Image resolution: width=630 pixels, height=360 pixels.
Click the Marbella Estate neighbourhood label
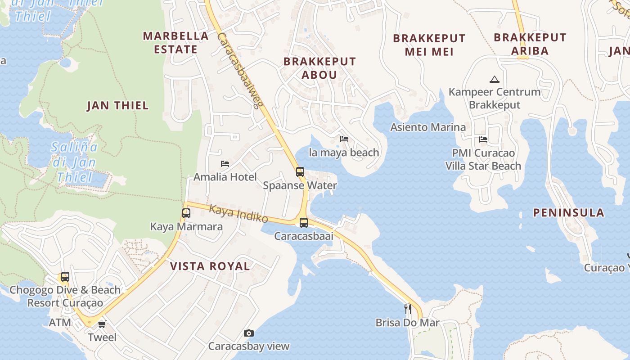[x=175, y=42]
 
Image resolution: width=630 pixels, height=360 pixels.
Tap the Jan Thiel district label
[x=117, y=106]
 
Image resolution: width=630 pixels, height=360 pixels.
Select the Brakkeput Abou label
[x=319, y=68]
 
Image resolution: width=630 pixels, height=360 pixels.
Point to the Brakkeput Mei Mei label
[x=429, y=45]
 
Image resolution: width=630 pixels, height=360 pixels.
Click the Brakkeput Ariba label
[x=530, y=44]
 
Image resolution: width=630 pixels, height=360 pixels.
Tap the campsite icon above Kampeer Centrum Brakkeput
[x=495, y=80]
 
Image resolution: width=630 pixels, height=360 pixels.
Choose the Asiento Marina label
[x=428, y=127]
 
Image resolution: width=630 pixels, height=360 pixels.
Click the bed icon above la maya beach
[x=344, y=139]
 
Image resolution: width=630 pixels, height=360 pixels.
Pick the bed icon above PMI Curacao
[x=483, y=139]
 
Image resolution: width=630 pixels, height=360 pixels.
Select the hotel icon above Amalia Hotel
[x=225, y=163]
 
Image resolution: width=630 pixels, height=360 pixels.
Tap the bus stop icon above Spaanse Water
[x=300, y=171]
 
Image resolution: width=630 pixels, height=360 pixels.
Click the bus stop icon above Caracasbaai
[x=304, y=222]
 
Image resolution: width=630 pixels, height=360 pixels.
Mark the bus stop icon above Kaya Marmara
[x=186, y=213]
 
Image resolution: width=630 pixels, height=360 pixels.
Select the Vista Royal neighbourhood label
[x=210, y=266]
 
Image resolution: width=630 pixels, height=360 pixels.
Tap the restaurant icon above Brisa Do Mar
[x=408, y=309]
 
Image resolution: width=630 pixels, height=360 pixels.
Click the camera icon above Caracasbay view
[x=248, y=333]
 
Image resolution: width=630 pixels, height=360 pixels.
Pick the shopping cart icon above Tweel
[x=102, y=324]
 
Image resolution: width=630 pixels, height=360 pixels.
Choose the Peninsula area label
[x=568, y=213]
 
